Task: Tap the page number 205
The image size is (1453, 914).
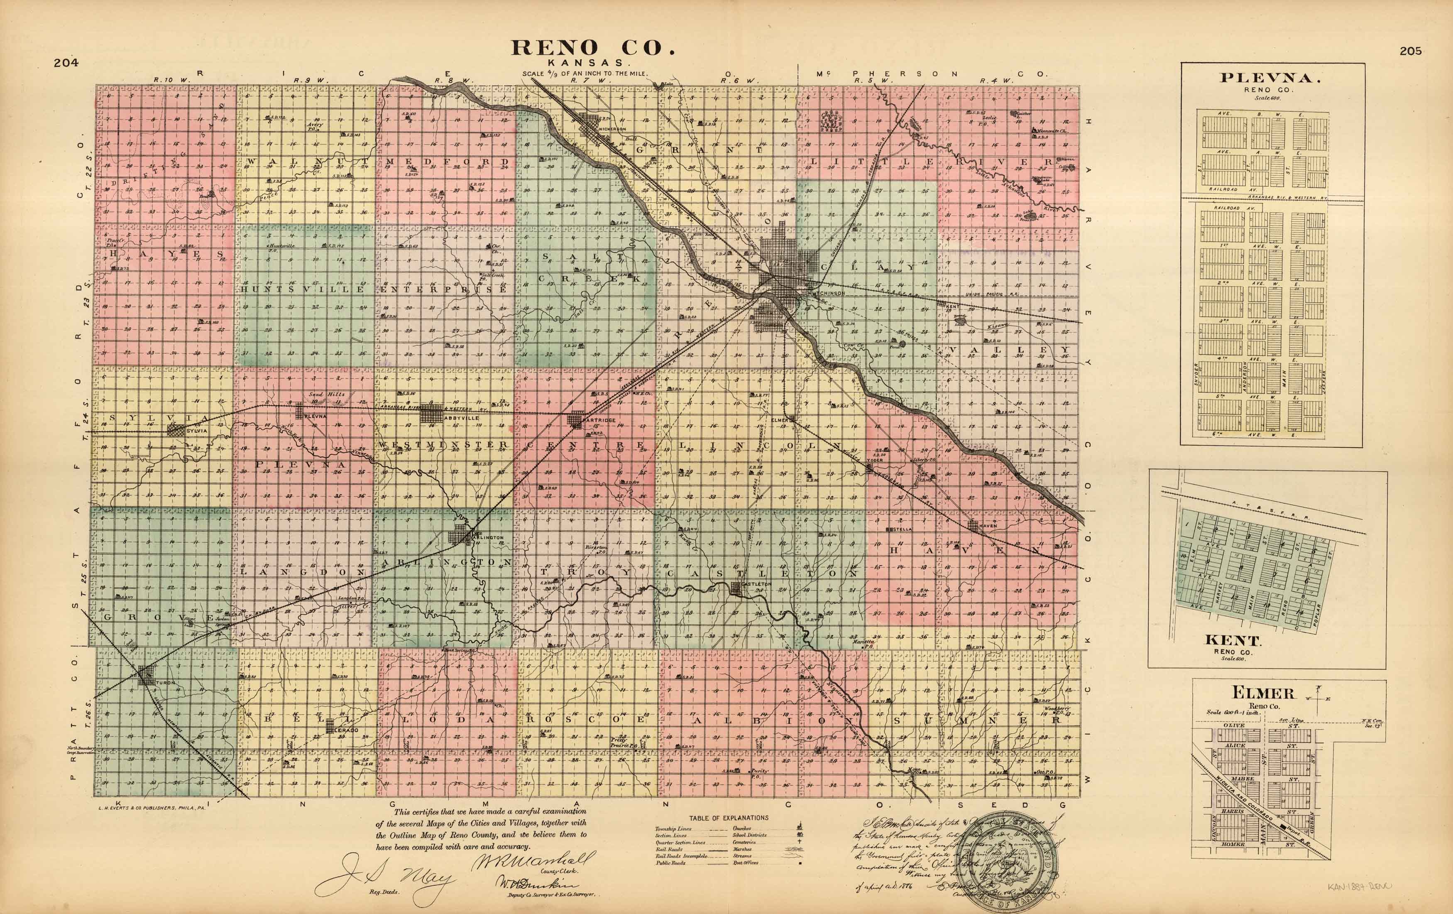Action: click(x=1411, y=51)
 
